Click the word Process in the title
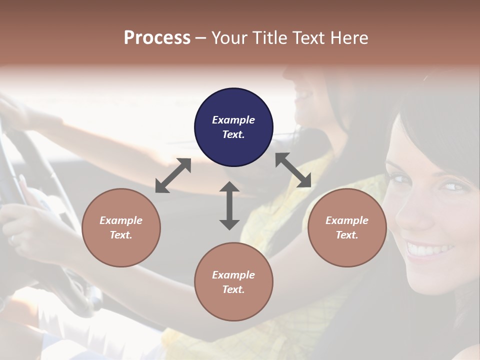coord(157,38)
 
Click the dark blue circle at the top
coord(233,127)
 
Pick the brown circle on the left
coord(121,227)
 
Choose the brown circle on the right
coord(347,227)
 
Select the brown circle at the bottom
coord(233,282)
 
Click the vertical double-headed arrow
coord(229,205)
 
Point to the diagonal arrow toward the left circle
coord(173,175)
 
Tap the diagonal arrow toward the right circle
coord(293,170)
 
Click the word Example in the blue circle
coord(233,120)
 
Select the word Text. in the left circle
coord(121,235)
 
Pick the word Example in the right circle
coord(347,220)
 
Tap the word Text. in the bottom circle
coord(233,289)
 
